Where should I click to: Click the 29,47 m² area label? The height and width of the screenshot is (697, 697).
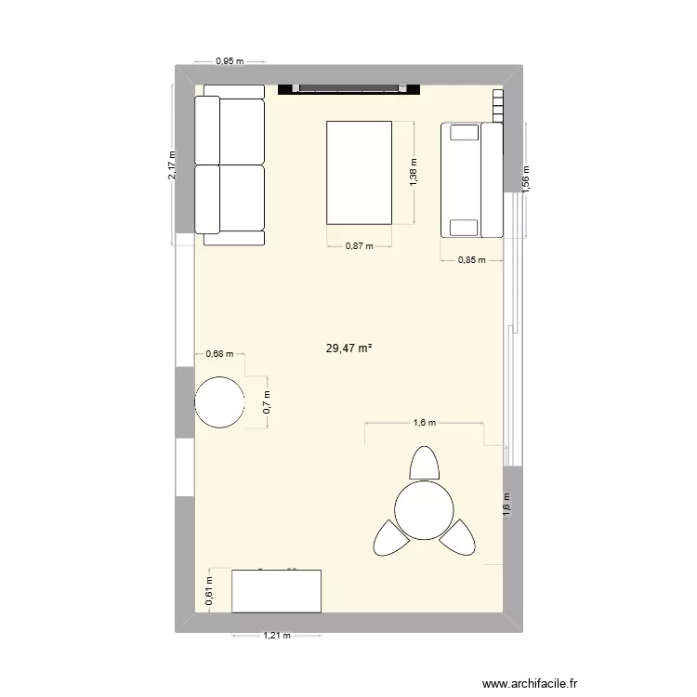click(x=348, y=348)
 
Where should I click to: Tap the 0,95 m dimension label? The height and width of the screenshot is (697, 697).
click(x=229, y=61)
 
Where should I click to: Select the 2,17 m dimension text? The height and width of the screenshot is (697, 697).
click(x=171, y=167)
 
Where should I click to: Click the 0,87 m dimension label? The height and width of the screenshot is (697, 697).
click(x=359, y=246)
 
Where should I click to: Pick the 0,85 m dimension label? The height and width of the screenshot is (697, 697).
click(x=471, y=260)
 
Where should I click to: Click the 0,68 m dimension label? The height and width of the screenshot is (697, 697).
click(x=220, y=353)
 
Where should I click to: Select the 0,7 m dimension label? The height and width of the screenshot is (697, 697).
click(x=268, y=401)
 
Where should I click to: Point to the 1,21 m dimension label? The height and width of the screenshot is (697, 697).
click(x=276, y=637)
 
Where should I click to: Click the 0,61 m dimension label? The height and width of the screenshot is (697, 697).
click(x=209, y=591)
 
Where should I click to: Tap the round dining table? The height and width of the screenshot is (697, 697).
click(x=424, y=509)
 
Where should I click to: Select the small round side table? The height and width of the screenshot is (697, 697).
click(x=220, y=401)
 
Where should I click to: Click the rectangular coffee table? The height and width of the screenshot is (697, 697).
click(x=359, y=172)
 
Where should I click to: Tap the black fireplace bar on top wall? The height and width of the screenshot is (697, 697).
click(x=349, y=89)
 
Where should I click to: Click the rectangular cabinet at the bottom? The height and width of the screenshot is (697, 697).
click(x=276, y=591)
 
